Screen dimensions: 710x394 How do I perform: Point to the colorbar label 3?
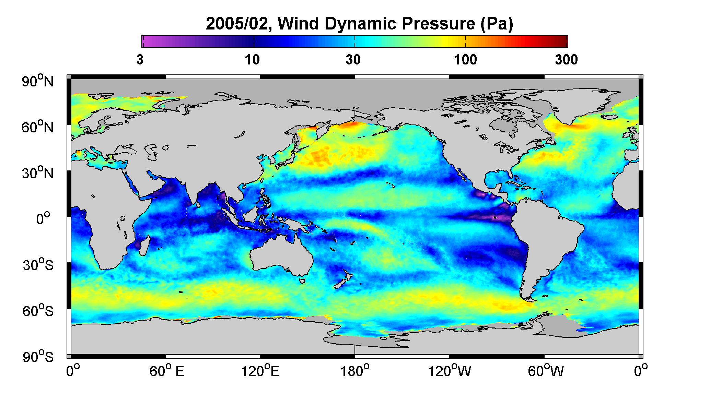[x=140, y=60]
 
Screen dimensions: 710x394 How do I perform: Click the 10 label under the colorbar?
[x=252, y=60]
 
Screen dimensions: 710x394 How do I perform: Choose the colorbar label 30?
[x=353, y=60]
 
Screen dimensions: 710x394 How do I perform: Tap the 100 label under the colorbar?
[x=465, y=60]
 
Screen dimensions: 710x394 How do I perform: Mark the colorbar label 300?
[x=566, y=60]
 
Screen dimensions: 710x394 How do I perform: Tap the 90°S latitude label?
[x=38, y=357]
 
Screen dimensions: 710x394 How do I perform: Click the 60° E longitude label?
[x=167, y=371]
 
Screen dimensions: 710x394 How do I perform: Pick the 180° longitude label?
[x=354, y=371]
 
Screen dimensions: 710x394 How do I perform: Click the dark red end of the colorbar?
[x=563, y=41]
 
